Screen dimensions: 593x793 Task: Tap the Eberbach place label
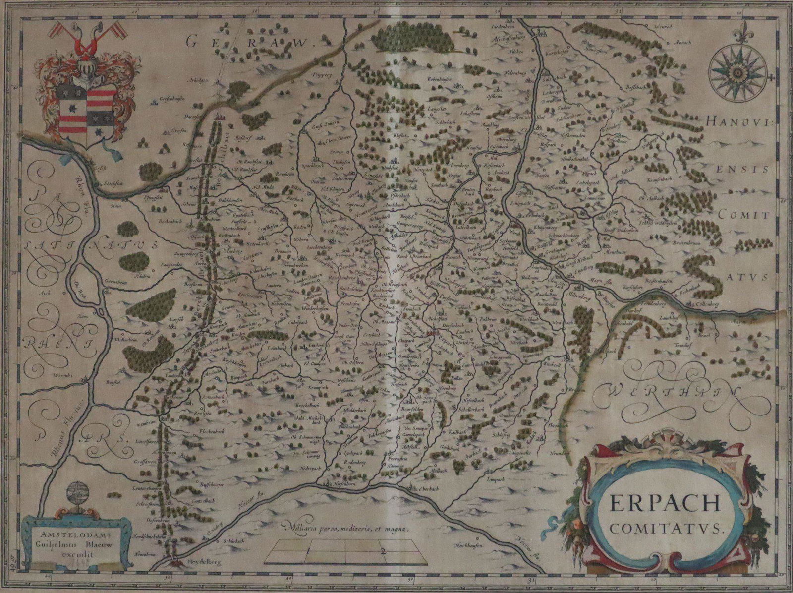click(424, 488)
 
